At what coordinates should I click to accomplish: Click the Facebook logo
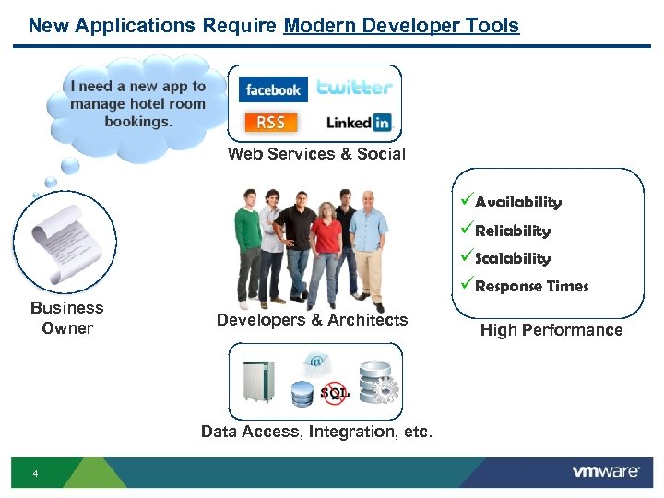pos(273,89)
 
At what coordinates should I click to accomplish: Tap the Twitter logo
pos(354,88)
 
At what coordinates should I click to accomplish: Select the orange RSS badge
pos(270,123)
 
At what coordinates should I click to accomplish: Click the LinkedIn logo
pos(359,123)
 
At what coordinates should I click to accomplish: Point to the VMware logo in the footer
pos(606,471)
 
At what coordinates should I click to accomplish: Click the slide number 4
pos(35,474)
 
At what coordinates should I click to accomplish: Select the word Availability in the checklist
pos(517,202)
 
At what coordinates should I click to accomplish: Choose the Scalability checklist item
pos(512,258)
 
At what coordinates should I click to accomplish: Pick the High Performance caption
pos(551,330)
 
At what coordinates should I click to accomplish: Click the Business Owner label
pos(67,318)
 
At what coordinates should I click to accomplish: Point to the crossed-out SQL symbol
pos(334,393)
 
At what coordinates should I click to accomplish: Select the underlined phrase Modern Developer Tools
pos(401,26)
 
